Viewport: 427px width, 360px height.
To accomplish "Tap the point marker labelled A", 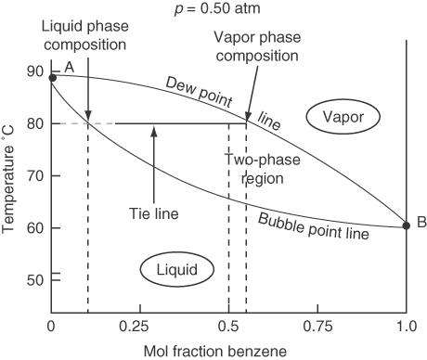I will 52,78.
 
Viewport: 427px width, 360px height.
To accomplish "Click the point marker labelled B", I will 406,225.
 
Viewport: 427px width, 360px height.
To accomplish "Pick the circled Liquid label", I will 175,270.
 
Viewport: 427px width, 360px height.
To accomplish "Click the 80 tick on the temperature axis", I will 35,123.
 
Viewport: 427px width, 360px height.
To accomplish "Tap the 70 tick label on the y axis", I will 35,175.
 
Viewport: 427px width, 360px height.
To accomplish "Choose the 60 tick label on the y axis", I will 35,227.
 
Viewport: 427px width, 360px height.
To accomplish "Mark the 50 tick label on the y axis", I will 35,279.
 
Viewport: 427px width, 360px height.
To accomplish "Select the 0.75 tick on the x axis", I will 318,328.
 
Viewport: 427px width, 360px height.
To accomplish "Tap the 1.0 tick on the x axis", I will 406,328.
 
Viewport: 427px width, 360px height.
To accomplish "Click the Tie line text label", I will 152,213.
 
